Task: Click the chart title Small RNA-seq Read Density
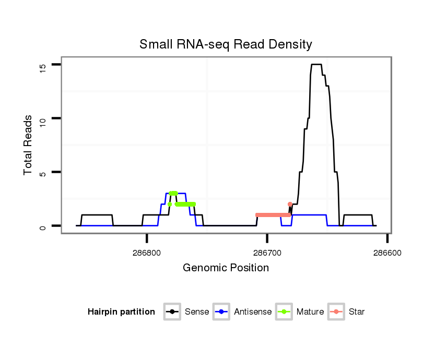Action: point(226,44)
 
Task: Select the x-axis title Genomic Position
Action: point(226,268)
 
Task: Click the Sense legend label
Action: point(197,312)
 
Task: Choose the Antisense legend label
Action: point(253,312)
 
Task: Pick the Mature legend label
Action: point(310,312)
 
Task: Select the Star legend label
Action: point(357,312)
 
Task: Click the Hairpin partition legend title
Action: point(122,312)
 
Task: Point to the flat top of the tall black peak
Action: point(316,65)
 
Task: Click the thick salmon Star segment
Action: point(273,215)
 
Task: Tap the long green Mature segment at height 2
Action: point(185,204)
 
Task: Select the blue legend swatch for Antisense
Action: point(221,312)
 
